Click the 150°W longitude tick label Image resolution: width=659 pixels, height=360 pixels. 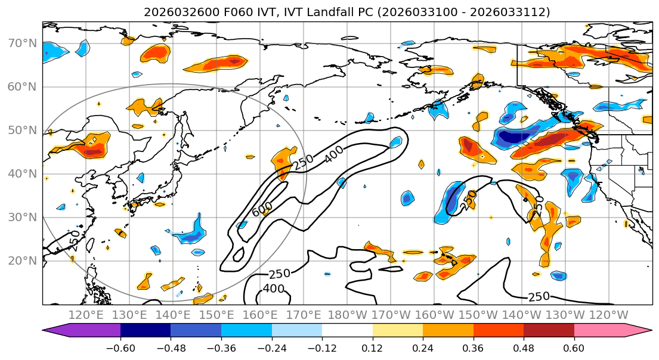tap(477, 315)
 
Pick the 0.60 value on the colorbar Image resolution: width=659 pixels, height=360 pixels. tap(574, 349)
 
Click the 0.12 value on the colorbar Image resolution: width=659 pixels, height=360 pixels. tap(372, 349)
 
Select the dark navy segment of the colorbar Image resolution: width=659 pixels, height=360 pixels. tap(146, 331)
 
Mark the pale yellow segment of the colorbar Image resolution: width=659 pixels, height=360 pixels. tap(397, 331)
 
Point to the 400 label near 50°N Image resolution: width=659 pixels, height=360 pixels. tap(335, 154)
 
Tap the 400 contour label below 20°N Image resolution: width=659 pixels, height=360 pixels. tap(274, 289)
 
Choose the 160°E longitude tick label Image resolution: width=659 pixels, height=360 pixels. tap(259, 315)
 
